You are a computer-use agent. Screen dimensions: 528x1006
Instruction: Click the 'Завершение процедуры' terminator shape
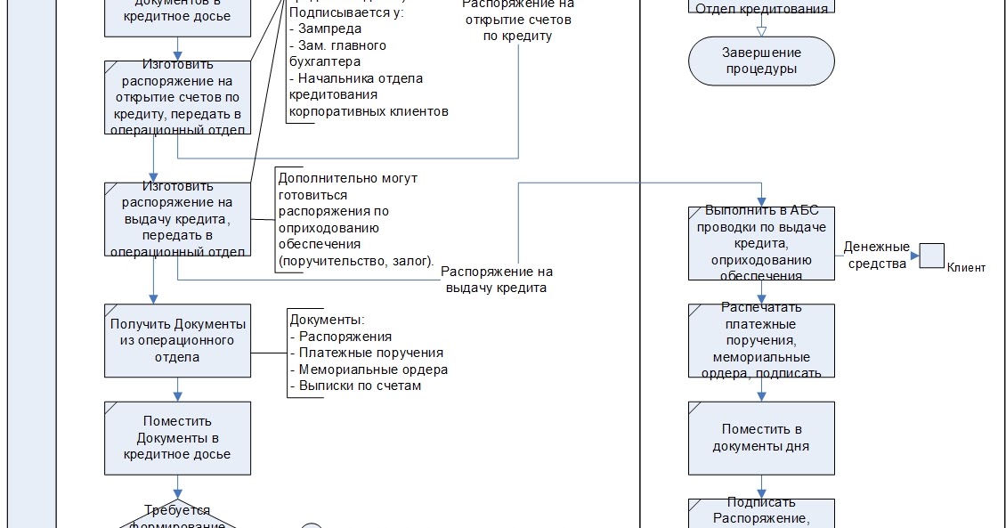click(761, 61)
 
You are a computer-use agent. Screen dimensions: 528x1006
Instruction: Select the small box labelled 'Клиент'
click(931, 256)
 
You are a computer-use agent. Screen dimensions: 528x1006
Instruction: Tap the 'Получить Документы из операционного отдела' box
click(177, 340)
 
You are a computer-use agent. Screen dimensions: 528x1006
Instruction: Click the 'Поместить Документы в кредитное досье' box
click(177, 437)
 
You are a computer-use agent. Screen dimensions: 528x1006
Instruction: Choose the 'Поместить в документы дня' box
click(761, 437)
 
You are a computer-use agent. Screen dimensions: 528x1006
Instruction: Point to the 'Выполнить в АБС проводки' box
click(761, 243)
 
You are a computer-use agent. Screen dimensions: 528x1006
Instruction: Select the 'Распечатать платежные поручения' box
click(761, 340)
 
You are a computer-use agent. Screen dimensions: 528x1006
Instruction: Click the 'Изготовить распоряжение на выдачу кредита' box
click(177, 219)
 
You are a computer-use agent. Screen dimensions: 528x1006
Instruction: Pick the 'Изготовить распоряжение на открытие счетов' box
click(177, 97)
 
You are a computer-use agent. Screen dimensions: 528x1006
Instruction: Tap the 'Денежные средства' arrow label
click(876, 255)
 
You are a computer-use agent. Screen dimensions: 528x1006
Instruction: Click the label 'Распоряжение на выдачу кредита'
click(497, 280)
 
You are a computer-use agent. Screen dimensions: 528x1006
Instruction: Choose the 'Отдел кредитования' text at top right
click(761, 8)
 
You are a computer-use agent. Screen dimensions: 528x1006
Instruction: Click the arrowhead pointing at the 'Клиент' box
click(913, 256)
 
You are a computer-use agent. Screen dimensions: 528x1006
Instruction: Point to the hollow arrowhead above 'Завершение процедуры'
click(761, 31)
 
